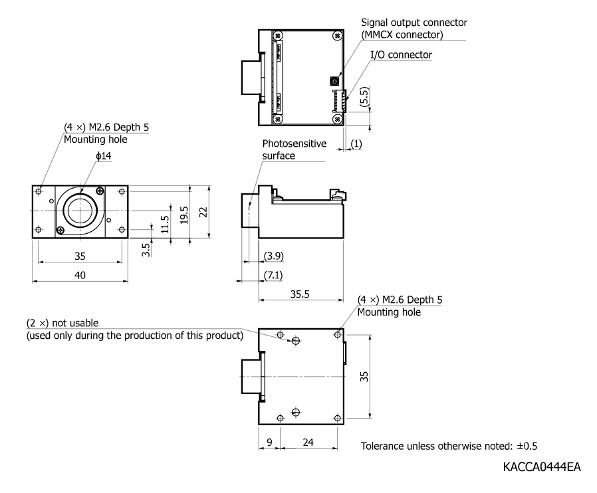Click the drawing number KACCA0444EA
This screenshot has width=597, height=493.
pos(542,466)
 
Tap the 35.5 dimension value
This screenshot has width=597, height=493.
pos(300,294)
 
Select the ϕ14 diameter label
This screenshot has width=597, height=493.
pos(103,155)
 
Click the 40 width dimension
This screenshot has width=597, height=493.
pos(80,275)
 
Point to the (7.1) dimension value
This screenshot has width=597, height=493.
pos(273,274)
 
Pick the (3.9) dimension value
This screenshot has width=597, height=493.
pos(274,256)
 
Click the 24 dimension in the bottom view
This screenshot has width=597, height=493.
pos(308,442)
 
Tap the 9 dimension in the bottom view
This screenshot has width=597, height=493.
pos(269,442)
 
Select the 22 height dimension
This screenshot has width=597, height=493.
pos(203,212)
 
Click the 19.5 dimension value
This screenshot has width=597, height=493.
pos(184,215)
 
